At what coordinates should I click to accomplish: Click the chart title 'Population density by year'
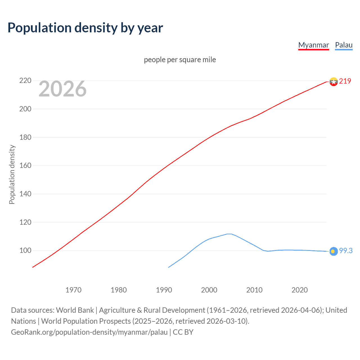pyautogui.click(x=85, y=28)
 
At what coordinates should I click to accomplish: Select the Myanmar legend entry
pyautogui.click(x=313, y=45)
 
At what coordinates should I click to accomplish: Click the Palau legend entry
pyautogui.click(x=344, y=45)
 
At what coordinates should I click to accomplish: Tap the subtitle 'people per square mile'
pyautogui.click(x=180, y=60)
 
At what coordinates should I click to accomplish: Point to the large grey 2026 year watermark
pyautogui.click(x=62, y=89)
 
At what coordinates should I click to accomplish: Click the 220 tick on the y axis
pyautogui.click(x=25, y=81)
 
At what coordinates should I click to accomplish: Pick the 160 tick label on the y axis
pyautogui.click(x=25, y=165)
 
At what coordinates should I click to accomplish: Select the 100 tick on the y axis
pyautogui.click(x=25, y=250)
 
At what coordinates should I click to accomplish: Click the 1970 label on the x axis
pyautogui.click(x=73, y=290)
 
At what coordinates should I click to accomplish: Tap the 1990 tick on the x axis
pyautogui.click(x=164, y=290)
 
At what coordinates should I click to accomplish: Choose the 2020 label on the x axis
pyautogui.click(x=300, y=290)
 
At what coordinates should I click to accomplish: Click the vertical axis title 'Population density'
pyautogui.click(x=12, y=174)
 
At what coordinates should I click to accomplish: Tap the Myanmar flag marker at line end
pyautogui.click(x=334, y=82)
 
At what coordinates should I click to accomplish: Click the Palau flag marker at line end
pyautogui.click(x=334, y=251)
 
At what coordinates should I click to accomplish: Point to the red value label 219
pyautogui.click(x=345, y=81)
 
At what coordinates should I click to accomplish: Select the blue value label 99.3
pyautogui.click(x=346, y=251)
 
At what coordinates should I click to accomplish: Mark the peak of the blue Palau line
pyautogui.click(x=229, y=234)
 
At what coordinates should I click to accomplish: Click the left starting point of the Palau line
pyautogui.click(x=168, y=267)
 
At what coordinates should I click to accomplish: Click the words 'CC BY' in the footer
pyautogui.click(x=183, y=332)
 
